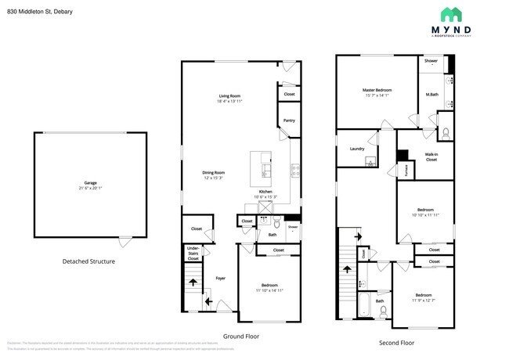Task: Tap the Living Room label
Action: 229,96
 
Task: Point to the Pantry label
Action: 288,121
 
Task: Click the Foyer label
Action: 221,278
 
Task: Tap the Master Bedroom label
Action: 377,90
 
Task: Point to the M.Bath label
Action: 431,95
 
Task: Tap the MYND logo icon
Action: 450,15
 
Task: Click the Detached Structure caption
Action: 88,261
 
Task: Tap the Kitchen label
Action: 266,192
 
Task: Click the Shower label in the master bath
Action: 431,60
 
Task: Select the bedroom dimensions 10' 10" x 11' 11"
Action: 425,214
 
